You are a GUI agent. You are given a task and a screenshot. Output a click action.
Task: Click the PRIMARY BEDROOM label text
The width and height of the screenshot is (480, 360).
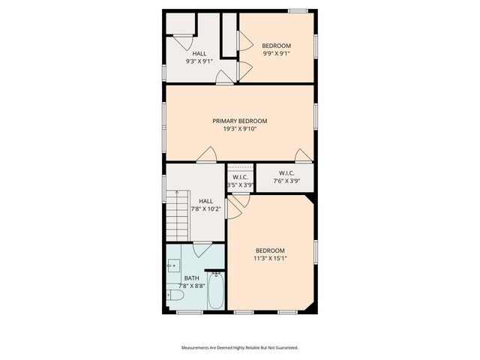(239, 121)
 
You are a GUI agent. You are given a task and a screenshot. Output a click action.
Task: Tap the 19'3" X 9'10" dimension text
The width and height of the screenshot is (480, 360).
(239, 128)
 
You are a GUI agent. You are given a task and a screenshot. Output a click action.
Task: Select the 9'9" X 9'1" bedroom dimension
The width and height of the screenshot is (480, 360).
(276, 53)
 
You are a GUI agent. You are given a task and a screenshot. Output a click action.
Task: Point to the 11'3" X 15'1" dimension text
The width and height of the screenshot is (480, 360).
(270, 258)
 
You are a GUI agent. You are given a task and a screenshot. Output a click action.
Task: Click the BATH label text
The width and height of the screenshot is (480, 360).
(191, 278)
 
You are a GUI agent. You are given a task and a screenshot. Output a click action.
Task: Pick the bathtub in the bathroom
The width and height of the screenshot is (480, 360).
(216, 292)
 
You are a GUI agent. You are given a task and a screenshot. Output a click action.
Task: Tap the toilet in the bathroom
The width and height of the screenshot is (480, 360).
(175, 295)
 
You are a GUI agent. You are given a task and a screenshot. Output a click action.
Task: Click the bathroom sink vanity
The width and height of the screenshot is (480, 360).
(173, 266)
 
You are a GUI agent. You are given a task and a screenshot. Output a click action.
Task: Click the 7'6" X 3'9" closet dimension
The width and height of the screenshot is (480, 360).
(286, 181)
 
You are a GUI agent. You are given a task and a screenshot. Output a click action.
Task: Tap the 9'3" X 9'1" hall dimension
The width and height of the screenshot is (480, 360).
(199, 61)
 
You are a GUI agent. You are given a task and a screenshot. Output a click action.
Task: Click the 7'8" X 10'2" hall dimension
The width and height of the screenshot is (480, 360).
(205, 208)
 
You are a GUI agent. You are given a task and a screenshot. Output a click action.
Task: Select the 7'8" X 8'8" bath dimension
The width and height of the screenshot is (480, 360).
(191, 286)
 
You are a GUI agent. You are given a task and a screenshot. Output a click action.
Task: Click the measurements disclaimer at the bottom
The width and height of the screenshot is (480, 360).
(240, 348)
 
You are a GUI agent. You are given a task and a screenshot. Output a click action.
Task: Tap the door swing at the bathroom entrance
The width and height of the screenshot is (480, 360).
(202, 250)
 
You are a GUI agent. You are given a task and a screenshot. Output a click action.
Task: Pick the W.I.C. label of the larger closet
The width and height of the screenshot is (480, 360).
(286, 173)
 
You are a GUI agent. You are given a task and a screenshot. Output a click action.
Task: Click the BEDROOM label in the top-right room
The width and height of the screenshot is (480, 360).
(276, 46)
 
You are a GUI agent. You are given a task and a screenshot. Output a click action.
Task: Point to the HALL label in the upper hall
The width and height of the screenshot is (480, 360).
(199, 53)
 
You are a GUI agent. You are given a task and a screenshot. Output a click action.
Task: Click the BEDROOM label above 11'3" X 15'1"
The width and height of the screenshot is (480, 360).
(270, 250)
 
